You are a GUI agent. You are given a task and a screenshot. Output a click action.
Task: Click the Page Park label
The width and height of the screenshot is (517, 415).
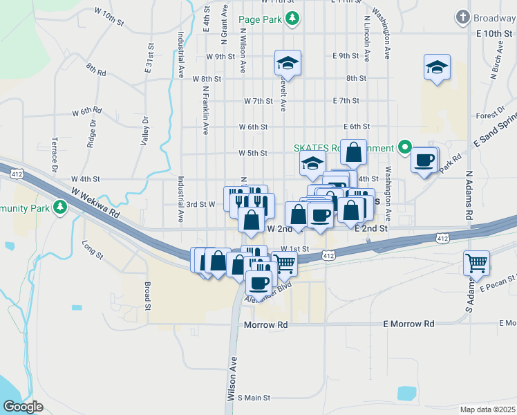(260, 19)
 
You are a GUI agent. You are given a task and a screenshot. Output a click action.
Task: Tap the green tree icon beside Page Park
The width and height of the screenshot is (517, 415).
(292, 19)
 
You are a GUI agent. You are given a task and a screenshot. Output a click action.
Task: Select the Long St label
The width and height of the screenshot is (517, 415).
(92, 250)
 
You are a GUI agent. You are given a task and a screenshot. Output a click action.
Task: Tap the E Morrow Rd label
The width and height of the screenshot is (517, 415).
(408, 324)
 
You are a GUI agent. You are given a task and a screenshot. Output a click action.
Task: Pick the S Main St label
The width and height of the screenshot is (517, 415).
(254, 398)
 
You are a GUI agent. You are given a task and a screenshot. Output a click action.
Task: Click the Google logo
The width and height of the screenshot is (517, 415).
(23, 407)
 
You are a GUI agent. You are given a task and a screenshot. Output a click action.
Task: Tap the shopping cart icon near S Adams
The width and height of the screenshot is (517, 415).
(476, 263)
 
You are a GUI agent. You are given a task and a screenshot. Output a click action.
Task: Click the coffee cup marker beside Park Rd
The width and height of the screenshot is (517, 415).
(424, 160)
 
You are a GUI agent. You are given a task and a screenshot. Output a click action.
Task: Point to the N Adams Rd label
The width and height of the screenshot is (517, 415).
(469, 196)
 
